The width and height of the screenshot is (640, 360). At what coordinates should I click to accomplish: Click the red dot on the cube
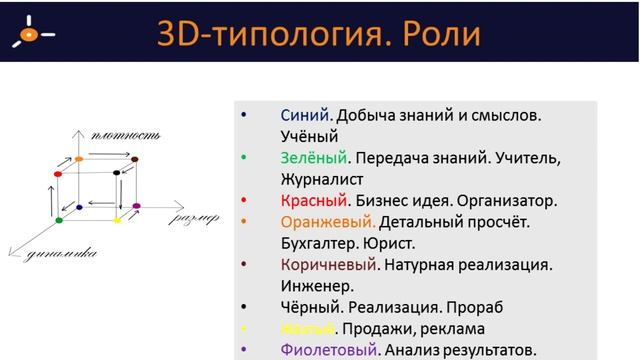(x=59, y=173)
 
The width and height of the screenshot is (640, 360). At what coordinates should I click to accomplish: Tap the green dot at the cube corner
(x=59, y=219)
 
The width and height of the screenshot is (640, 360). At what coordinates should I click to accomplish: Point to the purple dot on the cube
(x=136, y=207)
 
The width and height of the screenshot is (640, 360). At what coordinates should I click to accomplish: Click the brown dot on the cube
(x=135, y=159)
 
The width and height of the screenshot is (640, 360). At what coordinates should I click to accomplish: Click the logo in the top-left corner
(x=31, y=33)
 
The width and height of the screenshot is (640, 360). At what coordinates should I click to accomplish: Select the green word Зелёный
(x=313, y=158)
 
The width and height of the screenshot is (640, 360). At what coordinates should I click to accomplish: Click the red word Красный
(x=313, y=200)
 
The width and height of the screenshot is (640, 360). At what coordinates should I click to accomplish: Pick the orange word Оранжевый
(x=328, y=222)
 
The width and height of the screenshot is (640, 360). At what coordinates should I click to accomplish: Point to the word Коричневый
(x=330, y=265)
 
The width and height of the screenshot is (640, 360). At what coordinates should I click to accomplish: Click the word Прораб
(x=482, y=307)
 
